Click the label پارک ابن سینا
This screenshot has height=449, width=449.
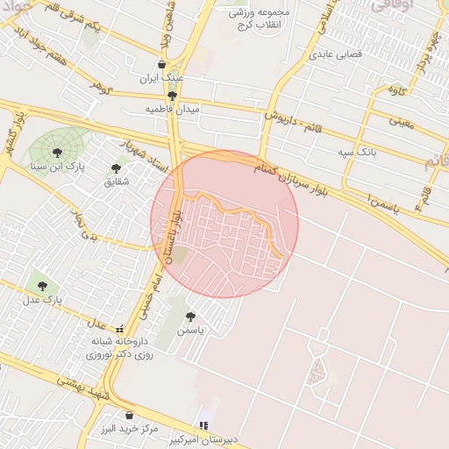[57, 165]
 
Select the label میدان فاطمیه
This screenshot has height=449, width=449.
[173, 110]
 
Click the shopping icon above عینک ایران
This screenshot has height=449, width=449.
[162, 64]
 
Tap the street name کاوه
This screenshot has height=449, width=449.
[396, 89]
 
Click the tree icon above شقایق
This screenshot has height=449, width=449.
[117, 167]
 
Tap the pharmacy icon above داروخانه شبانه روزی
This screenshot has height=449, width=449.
[119, 329]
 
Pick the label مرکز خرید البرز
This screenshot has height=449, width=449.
[129, 430]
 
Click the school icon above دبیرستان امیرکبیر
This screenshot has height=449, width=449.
[203, 425]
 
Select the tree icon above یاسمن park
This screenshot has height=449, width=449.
[190, 317]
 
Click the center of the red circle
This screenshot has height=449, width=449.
[224, 224]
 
